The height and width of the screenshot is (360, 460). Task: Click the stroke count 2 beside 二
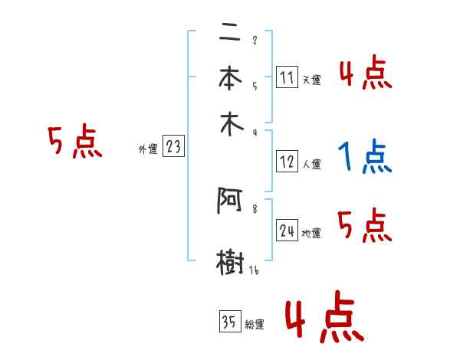pos(254,41)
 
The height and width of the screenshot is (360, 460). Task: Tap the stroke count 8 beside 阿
pos(254,208)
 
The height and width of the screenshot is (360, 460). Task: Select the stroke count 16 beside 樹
pos(254,270)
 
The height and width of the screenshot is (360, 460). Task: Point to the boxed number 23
pos(173,146)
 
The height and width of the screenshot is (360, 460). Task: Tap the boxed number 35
pos(229,322)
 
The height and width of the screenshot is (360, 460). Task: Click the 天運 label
pos(311,80)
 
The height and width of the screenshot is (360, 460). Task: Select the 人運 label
pos(311,164)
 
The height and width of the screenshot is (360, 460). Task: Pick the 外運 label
pos(148,149)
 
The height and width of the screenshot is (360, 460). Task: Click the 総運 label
pos(255,325)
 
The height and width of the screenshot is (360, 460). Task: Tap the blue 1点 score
pos(365,157)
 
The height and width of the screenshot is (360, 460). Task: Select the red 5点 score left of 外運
pos(74,142)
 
